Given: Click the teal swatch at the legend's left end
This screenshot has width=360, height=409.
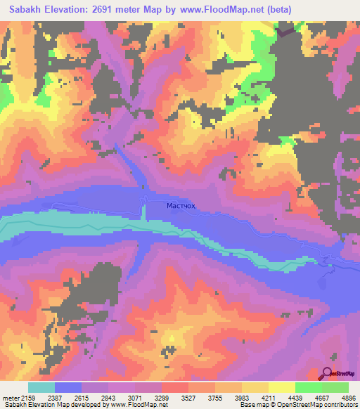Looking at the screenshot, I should point(41,387).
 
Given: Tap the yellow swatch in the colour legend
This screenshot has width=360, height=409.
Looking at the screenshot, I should point(282,387).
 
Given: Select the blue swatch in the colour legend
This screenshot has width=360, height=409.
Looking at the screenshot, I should point(68,387).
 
